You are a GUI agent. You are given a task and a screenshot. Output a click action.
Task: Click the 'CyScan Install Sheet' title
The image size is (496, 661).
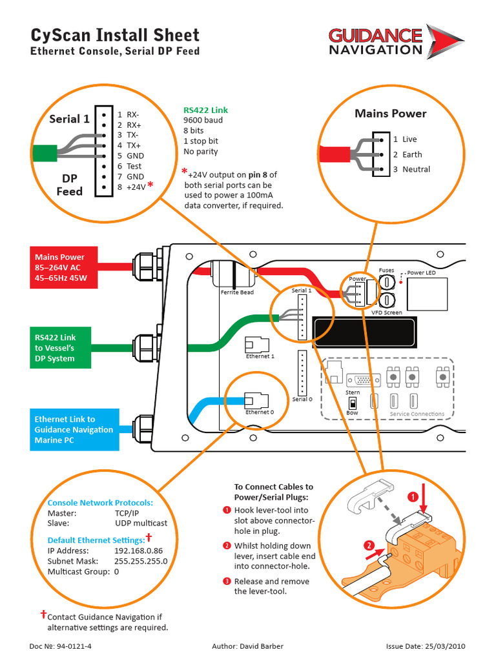115,35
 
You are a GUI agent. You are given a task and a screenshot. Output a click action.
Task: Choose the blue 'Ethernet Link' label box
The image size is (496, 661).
74,429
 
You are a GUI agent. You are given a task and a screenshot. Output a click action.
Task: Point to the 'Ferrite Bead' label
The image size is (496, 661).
237,292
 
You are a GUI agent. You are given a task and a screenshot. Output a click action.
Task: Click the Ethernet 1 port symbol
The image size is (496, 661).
258,345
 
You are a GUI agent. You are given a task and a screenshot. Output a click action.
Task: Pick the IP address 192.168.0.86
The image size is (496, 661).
138,551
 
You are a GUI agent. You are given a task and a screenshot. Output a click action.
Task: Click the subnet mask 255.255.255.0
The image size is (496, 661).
141,561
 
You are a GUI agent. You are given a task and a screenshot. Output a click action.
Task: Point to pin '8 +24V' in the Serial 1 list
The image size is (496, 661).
132,187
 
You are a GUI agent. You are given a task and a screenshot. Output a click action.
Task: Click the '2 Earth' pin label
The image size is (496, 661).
408,154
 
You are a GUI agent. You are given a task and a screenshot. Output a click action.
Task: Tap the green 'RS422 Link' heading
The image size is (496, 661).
205,110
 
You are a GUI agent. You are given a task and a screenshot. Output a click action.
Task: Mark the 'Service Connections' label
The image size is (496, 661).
417,414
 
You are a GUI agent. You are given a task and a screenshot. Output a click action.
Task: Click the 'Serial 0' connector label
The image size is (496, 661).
301,399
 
